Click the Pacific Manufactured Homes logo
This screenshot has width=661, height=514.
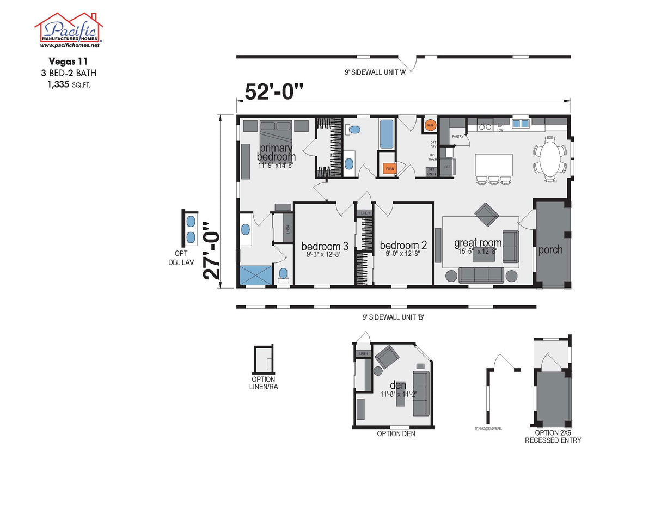click(x=69, y=29)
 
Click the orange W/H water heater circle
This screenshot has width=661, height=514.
click(x=430, y=126)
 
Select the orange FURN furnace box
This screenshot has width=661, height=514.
click(x=389, y=169)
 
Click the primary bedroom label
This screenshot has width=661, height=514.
click(x=276, y=152)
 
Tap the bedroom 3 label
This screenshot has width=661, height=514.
click(x=325, y=246)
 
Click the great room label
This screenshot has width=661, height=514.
click(x=478, y=243)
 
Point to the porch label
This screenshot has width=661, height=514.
click(x=550, y=250)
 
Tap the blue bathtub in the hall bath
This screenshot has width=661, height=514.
click(x=385, y=135)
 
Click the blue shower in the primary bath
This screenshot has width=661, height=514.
click(x=255, y=275)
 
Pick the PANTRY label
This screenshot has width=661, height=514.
click(x=457, y=137)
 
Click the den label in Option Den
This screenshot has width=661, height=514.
click(x=397, y=385)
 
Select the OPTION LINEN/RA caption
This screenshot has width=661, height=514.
click(x=263, y=383)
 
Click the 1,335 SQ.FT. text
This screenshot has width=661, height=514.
click(x=69, y=83)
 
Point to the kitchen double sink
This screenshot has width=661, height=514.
click(x=520, y=124)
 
